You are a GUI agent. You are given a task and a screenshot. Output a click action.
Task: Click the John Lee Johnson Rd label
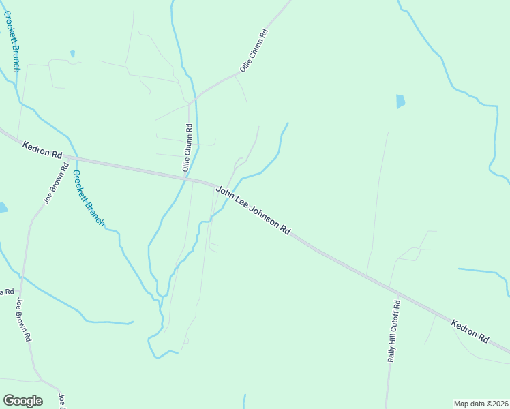[x=253, y=211]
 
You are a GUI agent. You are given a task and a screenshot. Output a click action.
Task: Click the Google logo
[x=22, y=401]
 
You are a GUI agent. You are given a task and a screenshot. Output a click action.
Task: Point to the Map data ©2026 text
[x=480, y=404]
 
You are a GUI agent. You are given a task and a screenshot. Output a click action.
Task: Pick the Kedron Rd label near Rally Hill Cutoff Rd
[x=470, y=329]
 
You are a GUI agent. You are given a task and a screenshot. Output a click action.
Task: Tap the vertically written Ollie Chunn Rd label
[x=187, y=147]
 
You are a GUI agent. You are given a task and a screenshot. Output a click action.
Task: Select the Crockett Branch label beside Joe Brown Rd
[x=89, y=198]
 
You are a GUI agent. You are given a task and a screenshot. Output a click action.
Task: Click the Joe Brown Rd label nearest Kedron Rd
[x=56, y=183]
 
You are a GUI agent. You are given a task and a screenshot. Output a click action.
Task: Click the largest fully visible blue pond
[x=400, y=102]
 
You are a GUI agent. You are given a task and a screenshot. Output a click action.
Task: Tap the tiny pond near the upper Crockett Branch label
[x=72, y=53]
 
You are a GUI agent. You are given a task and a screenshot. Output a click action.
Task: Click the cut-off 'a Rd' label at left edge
[x=7, y=292]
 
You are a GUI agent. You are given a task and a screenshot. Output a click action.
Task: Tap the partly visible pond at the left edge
[x=3, y=207]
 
